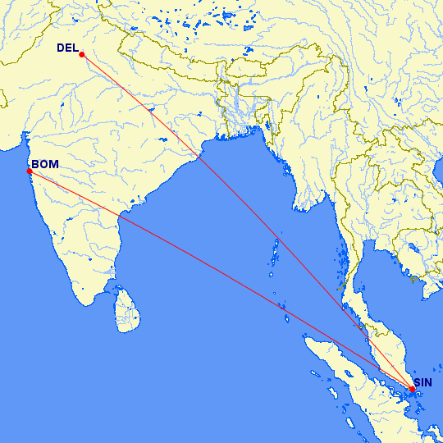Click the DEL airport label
(x=67, y=48)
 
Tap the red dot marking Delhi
(x=82, y=54)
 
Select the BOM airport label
(x=44, y=164)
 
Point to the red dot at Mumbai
(x=30, y=171)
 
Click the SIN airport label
(x=423, y=382)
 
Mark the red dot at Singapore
(x=413, y=388)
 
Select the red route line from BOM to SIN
(x=221, y=279)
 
